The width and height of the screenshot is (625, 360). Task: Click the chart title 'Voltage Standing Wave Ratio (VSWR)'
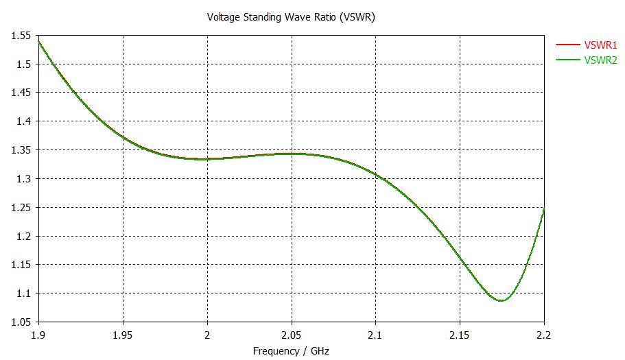[291, 17]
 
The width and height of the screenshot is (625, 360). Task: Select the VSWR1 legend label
[600, 45]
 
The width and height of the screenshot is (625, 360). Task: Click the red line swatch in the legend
[567, 45]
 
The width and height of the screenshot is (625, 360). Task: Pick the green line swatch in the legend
[567, 60]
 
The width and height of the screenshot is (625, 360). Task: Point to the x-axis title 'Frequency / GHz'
[291, 351]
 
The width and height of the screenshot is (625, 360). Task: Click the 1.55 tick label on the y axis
[21, 36]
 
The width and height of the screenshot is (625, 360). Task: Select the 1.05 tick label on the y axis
[21, 322]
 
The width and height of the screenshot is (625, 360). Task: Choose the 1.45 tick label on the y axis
[21, 93]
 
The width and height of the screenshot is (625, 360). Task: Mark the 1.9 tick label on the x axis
[39, 335]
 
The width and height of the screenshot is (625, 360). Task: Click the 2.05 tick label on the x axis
[292, 335]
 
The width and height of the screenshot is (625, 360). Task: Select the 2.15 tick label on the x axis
[460, 335]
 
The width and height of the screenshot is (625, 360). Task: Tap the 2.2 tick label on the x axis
[543, 335]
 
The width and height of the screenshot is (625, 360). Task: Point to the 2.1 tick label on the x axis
[375, 335]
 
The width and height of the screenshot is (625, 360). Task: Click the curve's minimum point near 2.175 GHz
[502, 300]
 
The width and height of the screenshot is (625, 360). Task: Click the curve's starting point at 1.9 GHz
[39, 42]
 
